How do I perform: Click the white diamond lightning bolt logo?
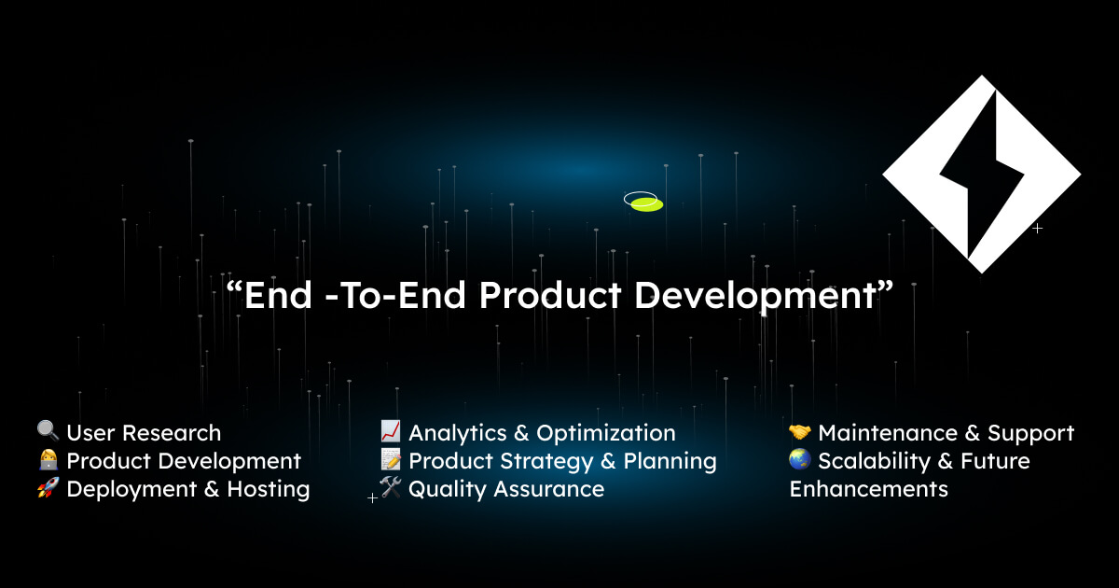click(x=981, y=174)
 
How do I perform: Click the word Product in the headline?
click(x=549, y=295)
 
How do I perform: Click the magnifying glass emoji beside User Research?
click(x=48, y=431)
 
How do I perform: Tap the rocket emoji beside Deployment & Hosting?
click(x=48, y=488)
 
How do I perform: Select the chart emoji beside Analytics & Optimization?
click(x=391, y=431)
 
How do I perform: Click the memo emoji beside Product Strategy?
click(x=391, y=460)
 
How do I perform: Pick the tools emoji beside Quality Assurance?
click(x=391, y=488)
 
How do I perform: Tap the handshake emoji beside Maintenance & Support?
click(x=800, y=432)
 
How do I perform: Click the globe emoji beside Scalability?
click(x=800, y=460)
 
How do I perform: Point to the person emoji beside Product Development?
click(x=48, y=460)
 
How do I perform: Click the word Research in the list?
click(x=172, y=433)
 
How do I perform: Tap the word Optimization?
click(x=606, y=433)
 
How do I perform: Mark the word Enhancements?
click(x=868, y=489)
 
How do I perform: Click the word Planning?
click(x=670, y=461)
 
